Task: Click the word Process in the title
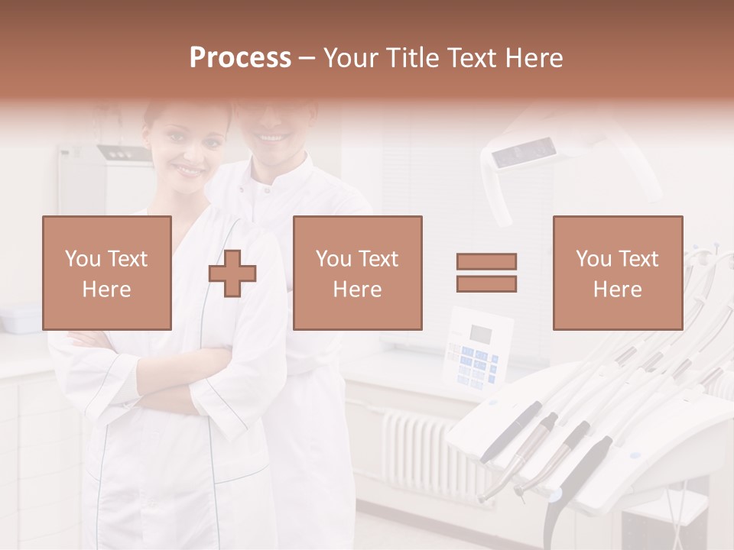click(240, 58)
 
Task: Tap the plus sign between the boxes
click(232, 273)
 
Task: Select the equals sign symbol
click(486, 273)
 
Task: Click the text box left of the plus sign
click(107, 273)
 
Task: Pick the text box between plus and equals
click(357, 273)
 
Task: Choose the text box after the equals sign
click(617, 273)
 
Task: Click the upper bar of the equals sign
click(486, 262)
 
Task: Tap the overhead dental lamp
click(528, 157)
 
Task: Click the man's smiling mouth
click(272, 138)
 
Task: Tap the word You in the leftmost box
click(83, 259)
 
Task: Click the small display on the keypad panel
click(480, 333)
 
